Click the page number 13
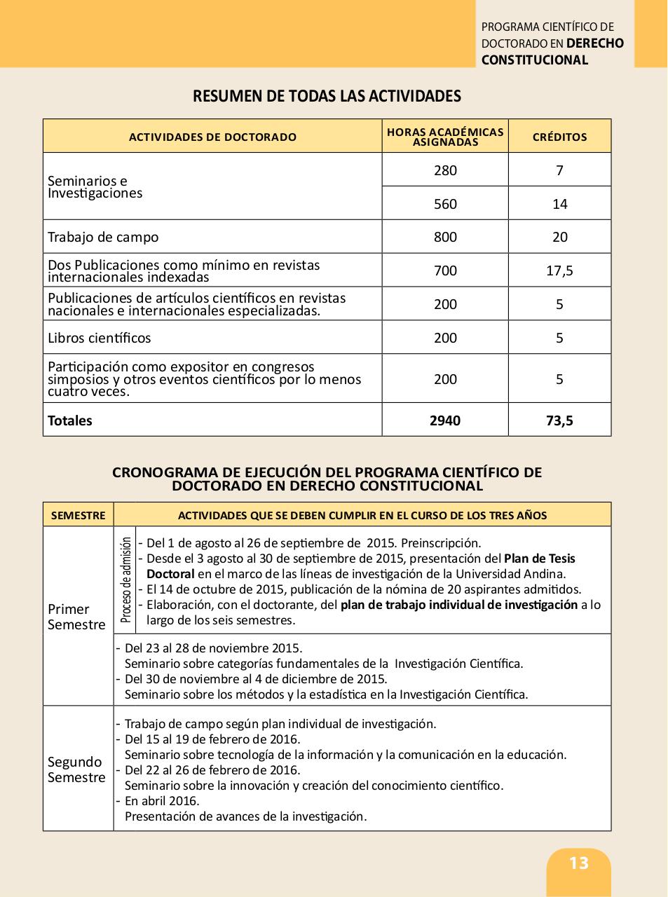[x=579, y=863]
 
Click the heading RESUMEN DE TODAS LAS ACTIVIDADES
[x=327, y=96]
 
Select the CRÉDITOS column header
[x=559, y=137]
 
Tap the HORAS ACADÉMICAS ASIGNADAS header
[x=445, y=137]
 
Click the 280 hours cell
[x=445, y=170]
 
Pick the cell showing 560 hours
[x=445, y=204]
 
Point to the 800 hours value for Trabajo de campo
[x=445, y=237]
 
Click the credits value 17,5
[x=559, y=271]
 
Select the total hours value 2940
[x=445, y=420]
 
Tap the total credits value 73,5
[x=559, y=420]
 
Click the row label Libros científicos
[x=99, y=338]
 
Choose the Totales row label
[x=70, y=420]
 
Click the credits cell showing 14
[x=559, y=204]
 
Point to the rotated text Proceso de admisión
[x=125, y=580]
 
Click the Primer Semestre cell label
[x=76, y=617]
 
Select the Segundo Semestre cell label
[x=76, y=769]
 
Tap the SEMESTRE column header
[x=78, y=515]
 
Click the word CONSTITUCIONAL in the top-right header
[x=535, y=60]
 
